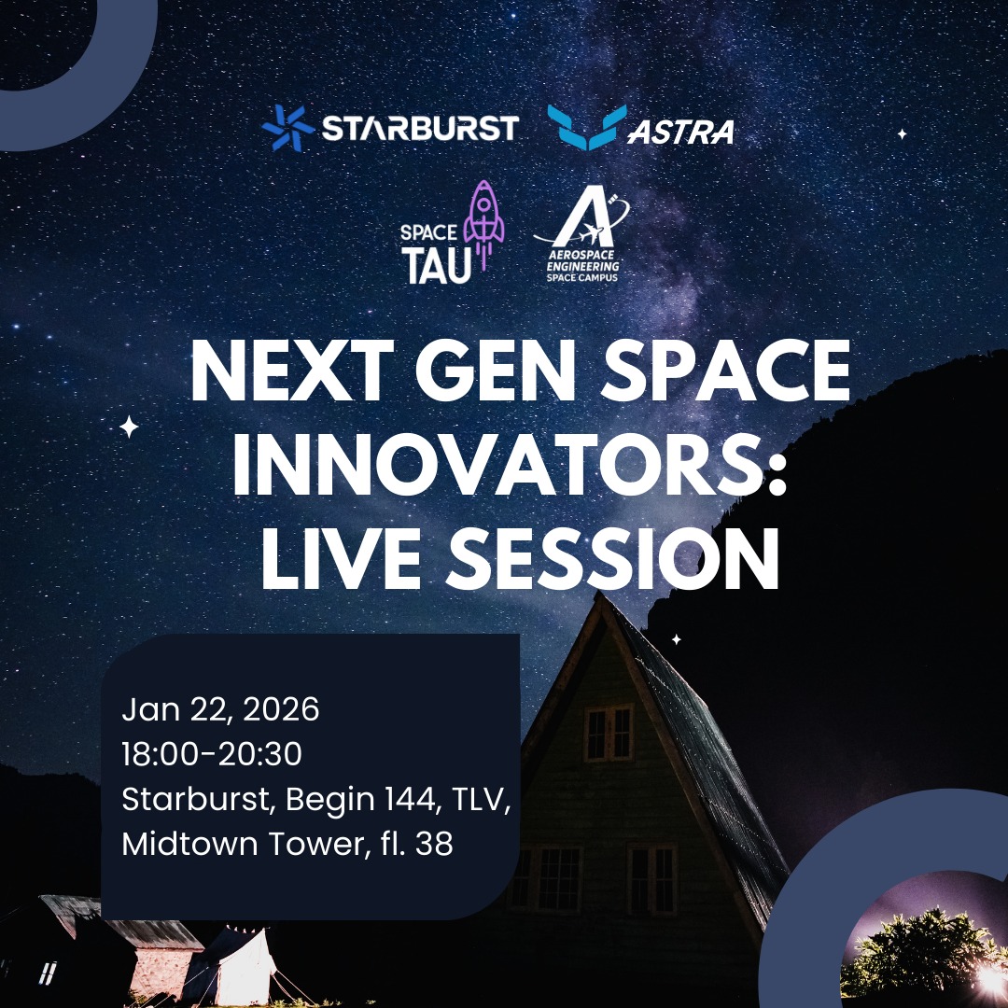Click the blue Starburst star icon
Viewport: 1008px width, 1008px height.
point(287,128)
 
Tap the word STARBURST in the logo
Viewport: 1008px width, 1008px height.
point(419,128)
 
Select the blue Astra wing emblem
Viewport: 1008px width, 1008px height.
point(586,127)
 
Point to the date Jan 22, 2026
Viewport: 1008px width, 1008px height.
point(220,710)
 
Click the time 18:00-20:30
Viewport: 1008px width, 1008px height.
point(212,754)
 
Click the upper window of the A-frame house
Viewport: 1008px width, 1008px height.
point(608,732)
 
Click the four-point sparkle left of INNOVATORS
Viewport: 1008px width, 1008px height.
point(129,427)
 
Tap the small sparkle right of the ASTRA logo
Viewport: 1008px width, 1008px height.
point(902,134)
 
